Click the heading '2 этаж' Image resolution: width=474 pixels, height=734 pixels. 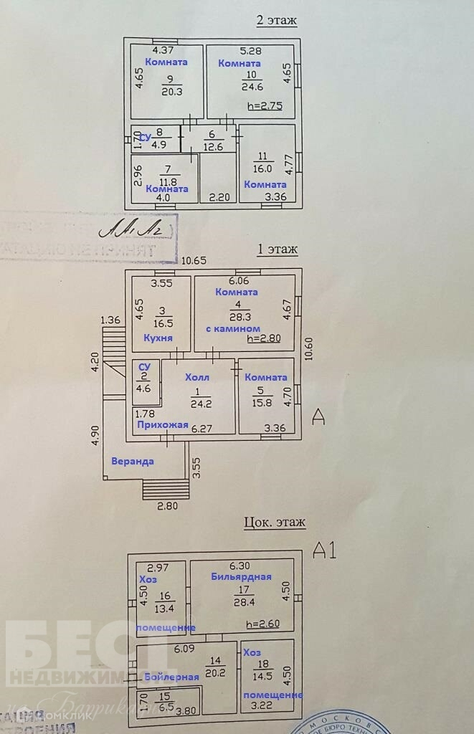(x=276, y=20)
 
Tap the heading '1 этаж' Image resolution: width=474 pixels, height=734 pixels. (x=277, y=249)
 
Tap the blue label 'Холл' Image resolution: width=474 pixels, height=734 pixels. (x=197, y=377)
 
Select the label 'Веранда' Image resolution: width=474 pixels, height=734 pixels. (x=132, y=461)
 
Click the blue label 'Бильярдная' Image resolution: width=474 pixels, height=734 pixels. (x=241, y=576)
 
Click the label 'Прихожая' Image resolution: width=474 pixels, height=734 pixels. (x=162, y=425)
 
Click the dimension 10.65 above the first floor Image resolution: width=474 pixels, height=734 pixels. (x=194, y=261)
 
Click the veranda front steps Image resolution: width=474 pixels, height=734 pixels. (x=166, y=490)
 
